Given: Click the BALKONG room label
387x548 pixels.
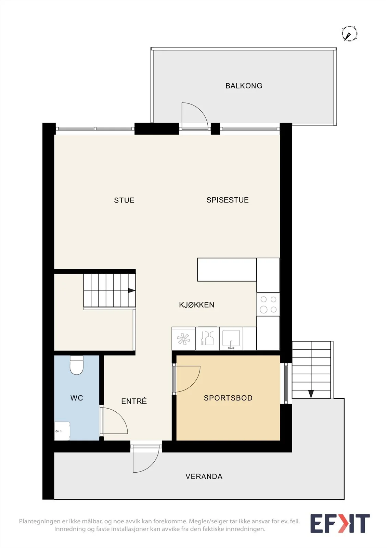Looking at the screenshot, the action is click(x=244, y=86).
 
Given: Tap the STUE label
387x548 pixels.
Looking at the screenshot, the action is click(x=124, y=200).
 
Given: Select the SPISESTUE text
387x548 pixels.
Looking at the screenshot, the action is click(x=227, y=200).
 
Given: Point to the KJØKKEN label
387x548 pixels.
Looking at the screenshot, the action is click(x=196, y=305).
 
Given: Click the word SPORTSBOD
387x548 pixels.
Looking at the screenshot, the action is click(x=228, y=398).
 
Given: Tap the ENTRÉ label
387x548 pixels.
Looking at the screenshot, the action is click(x=134, y=401).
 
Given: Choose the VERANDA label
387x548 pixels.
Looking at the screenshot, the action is click(x=204, y=476).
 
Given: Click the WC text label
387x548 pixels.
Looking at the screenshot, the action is click(x=77, y=398).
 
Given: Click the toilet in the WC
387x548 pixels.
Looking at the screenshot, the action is click(x=77, y=365).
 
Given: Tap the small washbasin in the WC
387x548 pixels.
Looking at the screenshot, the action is click(x=62, y=431).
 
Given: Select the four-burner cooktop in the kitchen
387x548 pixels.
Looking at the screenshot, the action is click(x=268, y=304).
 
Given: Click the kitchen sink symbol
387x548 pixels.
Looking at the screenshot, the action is click(x=231, y=339).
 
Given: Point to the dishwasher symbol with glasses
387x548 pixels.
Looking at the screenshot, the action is click(x=207, y=339).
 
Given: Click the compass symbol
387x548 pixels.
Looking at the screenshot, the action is click(x=349, y=33).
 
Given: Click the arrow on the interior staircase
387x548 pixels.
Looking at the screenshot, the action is click(x=132, y=290).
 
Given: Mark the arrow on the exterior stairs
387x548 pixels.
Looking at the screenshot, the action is click(x=311, y=394).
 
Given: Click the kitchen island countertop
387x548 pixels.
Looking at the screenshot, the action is click(x=227, y=270).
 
